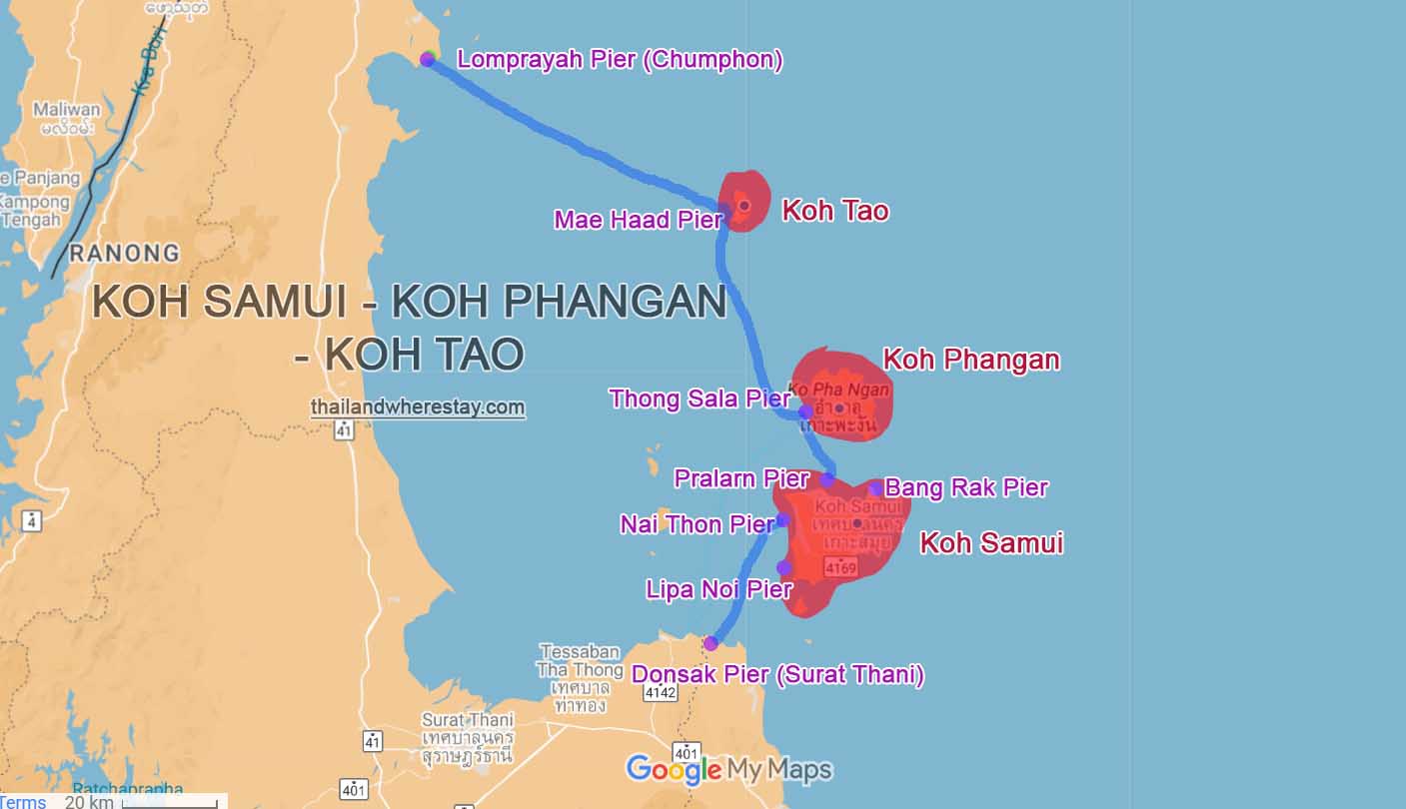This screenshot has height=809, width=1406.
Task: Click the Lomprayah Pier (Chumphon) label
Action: coord(620,59)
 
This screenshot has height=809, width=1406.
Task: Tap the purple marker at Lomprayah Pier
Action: coord(427,59)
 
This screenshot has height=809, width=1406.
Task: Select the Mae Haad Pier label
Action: coord(638,219)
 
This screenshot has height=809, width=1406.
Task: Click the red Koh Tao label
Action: coord(834,211)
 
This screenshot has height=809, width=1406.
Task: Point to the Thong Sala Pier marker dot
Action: coord(805,411)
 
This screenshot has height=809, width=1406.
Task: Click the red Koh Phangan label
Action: coord(971,360)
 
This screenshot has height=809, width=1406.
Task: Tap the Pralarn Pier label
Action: coord(741,478)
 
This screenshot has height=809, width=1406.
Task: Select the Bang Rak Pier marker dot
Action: coord(875,488)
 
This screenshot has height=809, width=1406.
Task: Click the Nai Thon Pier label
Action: coord(697,523)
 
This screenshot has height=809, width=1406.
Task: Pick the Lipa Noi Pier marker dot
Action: coord(784,568)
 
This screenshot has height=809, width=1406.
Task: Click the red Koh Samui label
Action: coord(991,543)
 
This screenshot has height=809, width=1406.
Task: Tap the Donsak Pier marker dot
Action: coord(710,643)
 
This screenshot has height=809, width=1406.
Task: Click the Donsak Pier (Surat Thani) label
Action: coord(777,675)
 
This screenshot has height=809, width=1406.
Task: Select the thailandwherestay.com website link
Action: coord(418,407)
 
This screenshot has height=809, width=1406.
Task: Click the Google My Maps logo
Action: coord(728,770)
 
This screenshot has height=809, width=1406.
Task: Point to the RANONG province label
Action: coord(125,253)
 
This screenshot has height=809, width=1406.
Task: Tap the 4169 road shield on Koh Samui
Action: coord(839,567)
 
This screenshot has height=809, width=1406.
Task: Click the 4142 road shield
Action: coord(661,692)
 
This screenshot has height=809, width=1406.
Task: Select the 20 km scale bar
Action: coord(169,802)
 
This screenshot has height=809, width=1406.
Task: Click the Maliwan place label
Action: coord(67,109)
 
